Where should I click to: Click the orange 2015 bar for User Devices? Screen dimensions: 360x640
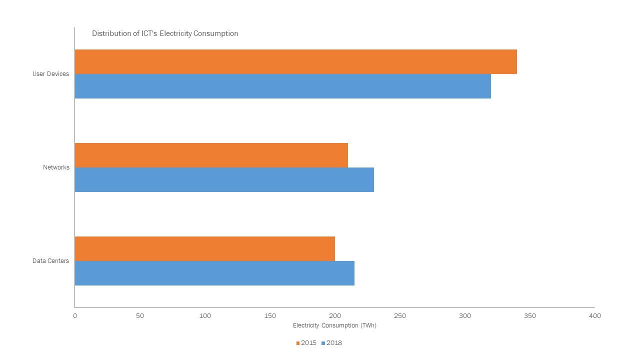295,61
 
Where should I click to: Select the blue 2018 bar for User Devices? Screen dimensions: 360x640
282,86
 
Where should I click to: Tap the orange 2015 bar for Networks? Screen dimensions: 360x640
211,155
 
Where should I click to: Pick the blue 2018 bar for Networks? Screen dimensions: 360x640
224,179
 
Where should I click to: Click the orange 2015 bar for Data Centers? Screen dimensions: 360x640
204,248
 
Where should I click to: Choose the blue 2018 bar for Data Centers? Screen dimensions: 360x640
214,273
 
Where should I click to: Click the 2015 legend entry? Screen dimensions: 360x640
306,343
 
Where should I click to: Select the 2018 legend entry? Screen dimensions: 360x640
331,343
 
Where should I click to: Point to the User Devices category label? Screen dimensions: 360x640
50,74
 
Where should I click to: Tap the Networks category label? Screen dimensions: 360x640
56,167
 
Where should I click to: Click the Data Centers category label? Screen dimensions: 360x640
50,261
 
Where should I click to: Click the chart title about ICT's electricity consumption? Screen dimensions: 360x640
165,33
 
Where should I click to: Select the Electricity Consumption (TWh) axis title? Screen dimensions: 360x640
334,325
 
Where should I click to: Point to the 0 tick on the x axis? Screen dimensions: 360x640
75,316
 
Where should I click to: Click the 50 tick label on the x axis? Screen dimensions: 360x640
140,316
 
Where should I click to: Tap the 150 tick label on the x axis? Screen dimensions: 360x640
270,316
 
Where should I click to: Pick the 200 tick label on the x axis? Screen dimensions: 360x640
335,316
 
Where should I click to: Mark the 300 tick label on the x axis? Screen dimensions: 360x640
465,316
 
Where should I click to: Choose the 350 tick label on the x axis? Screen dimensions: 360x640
530,316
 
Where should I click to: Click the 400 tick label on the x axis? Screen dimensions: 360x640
595,316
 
